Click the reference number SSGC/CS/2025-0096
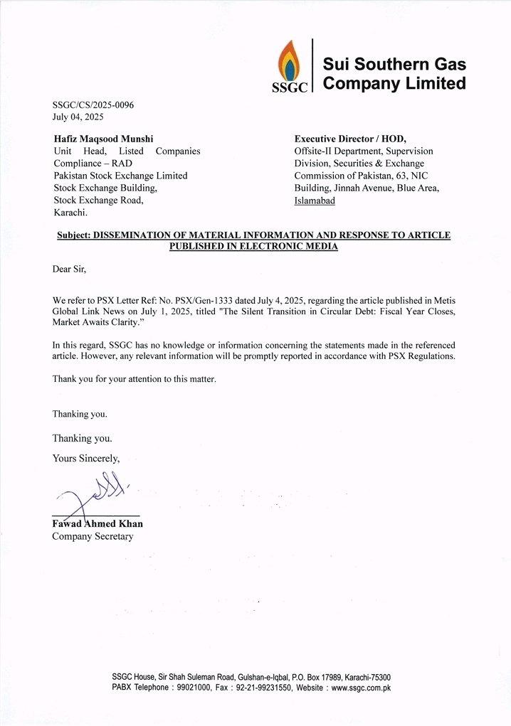click(x=93, y=105)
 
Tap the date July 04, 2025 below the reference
click(x=78, y=117)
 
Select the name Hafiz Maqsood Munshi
click(x=103, y=139)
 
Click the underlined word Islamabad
click(x=315, y=201)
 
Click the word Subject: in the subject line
click(x=73, y=235)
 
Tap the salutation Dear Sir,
click(x=69, y=269)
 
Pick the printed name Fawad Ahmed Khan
click(x=98, y=524)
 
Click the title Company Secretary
click(x=93, y=536)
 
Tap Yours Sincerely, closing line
click(x=86, y=459)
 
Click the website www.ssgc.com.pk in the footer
click(x=361, y=688)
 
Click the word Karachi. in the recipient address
click(x=70, y=213)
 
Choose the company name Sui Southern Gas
click(x=394, y=65)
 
